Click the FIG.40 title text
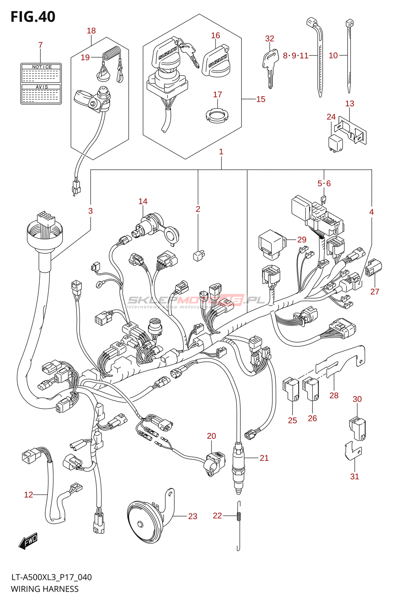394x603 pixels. (x=33, y=17)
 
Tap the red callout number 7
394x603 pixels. (x=40, y=45)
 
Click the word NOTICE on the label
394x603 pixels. (x=42, y=67)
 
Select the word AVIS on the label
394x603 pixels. (x=42, y=87)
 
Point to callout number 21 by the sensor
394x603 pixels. (x=264, y=458)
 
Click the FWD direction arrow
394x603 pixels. (x=28, y=541)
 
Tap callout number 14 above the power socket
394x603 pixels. (x=143, y=202)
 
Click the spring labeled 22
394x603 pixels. (x=239, y=516)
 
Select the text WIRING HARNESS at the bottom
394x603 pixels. (x=45, y=589)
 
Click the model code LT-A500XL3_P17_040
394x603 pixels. (x=51, y=577)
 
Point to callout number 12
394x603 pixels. (x=28, y=494)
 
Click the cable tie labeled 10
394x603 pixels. (x=349, y=57)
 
